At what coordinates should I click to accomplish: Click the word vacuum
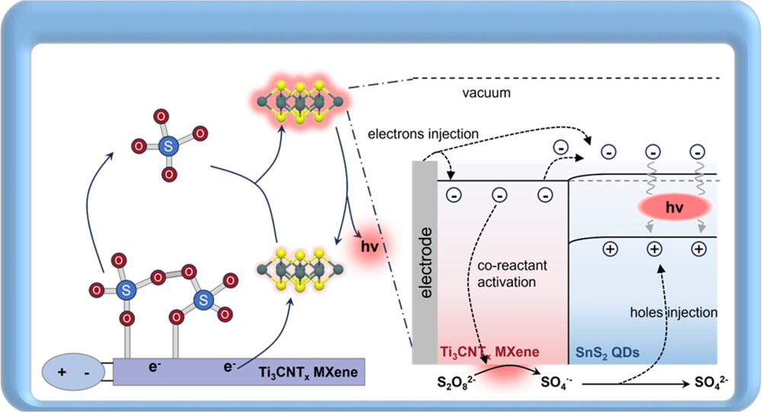(x=485, y=93)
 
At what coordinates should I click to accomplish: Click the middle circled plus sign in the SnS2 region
(x=652, y=248)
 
